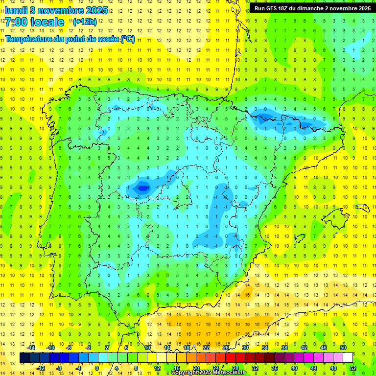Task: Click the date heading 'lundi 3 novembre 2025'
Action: tap(56, 10)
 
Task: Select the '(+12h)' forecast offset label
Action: tap(85, 22)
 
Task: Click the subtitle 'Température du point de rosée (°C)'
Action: tap(70, 39)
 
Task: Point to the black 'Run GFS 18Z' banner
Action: tap(312, 8)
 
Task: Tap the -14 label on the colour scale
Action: tap(31, 348)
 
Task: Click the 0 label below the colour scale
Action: tap(97, 368)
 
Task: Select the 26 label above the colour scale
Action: tap(226, 348)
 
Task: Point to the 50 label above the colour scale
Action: tap(343, 348)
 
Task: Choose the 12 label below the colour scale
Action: tap(157, 368)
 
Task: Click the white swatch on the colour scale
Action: tap(348, 358)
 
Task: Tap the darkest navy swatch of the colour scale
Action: tap(24, 358)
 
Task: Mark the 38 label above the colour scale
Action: tap(284, 348)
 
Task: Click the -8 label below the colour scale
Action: tap(59, 368)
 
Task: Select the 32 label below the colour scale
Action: tap(255, 368)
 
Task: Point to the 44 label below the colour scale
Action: tap(314, 368)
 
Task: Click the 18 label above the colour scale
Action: tap(187, 348)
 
